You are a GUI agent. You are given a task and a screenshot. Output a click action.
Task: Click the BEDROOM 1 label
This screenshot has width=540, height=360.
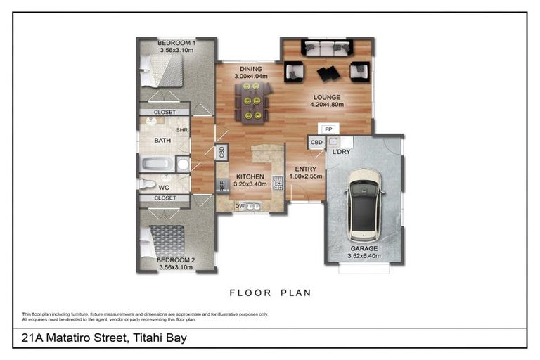tap(177, 43)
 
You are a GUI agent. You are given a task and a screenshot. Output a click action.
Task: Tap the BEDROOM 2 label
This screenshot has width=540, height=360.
tap(177, 259)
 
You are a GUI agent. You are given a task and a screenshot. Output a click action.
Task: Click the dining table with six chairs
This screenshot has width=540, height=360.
tap(255, 101)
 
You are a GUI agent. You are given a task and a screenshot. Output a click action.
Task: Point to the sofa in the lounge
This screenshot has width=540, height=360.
tap(327, 48)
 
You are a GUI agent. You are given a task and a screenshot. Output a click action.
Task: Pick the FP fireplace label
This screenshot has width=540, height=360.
tap(328, 129)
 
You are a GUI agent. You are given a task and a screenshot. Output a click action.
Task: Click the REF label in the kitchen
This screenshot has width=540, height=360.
tap(221, 186)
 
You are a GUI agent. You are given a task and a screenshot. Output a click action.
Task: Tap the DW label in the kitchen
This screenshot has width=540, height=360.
tap(239, 206)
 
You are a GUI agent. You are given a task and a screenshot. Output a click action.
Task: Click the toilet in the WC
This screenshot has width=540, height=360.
tap(147, 184)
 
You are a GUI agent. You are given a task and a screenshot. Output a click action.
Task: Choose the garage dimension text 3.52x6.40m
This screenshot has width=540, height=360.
tap(364, 257)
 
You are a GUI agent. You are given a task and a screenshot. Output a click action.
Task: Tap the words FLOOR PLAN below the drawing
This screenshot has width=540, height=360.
tap(270, 292)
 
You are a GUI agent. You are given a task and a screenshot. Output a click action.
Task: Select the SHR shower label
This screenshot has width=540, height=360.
tap(181, 130)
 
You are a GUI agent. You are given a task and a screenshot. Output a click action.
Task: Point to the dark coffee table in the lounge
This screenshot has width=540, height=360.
tap(327, 72)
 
